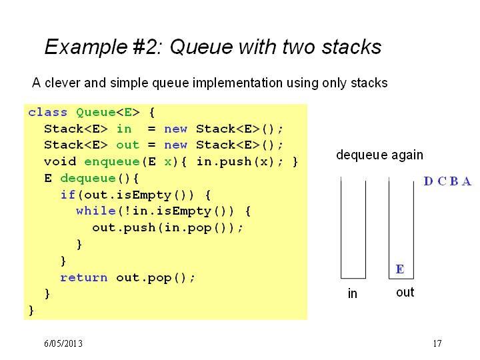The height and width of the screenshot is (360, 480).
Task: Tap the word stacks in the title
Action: pos(352,47)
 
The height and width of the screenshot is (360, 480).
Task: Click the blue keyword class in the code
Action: pos(47,113)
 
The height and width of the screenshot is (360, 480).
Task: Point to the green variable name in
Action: pos(124,129)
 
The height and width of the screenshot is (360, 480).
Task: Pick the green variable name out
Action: pos(127,145)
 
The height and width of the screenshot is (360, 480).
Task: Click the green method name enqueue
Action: pos(112,161)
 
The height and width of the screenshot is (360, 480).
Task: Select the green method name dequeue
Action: pos(88,178)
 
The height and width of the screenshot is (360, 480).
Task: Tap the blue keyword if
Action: pos(68,195)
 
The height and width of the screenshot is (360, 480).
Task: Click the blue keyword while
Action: pos(96,211)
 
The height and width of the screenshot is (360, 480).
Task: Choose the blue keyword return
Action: pos(84,277)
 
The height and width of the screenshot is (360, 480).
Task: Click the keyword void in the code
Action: pos(60,161)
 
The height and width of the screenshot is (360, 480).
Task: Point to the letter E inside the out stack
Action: pos(400,269)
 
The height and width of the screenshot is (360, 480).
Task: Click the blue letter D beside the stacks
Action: pos(428,181)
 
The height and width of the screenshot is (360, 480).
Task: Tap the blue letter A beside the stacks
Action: pos(466,181)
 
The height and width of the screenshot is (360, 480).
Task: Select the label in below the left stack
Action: pos(353,293)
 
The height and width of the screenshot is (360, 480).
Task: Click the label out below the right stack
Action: pos(405,293)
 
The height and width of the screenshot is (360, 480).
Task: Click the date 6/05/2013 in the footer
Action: pos(63,343)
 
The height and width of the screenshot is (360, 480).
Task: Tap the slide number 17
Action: pos(437,343)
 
